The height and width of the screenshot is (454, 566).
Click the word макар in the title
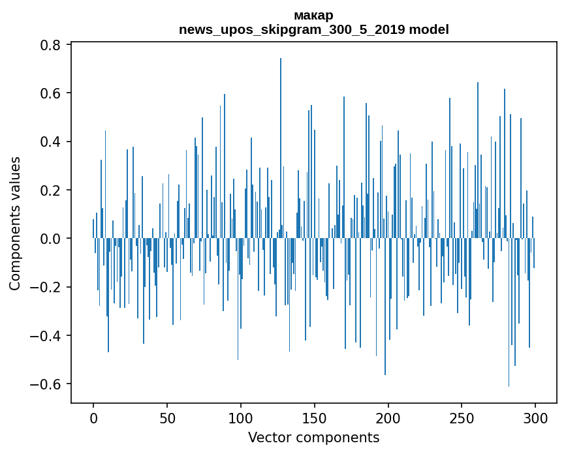313,15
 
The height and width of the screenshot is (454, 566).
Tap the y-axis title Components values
15,223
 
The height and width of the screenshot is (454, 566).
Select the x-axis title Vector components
313,437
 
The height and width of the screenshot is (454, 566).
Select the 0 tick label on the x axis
93,417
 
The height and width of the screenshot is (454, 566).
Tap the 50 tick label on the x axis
167,417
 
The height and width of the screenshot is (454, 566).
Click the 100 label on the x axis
241,417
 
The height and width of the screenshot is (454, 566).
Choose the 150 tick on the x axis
315,417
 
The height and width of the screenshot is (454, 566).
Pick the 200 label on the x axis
388,417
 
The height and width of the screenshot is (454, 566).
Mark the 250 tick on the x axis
462,417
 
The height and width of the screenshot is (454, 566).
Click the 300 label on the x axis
536,417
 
